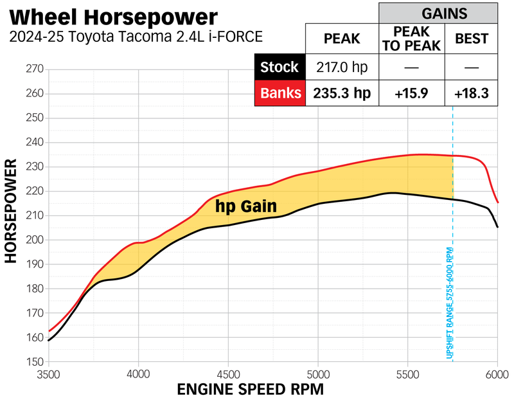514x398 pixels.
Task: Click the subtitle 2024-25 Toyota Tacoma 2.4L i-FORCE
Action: tap(136, 37)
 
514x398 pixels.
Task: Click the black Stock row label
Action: tap(279, 67)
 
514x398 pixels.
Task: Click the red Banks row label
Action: tap(279, 93)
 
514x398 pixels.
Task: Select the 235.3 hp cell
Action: tap(342, 93)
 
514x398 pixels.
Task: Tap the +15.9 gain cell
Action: tap(411, 93)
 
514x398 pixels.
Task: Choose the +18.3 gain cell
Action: tap(471, 93)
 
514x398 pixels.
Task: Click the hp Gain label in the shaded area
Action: tap(246, 206)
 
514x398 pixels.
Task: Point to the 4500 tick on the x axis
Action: tap(228, 374)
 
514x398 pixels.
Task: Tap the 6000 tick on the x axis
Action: tap(497, 374)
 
